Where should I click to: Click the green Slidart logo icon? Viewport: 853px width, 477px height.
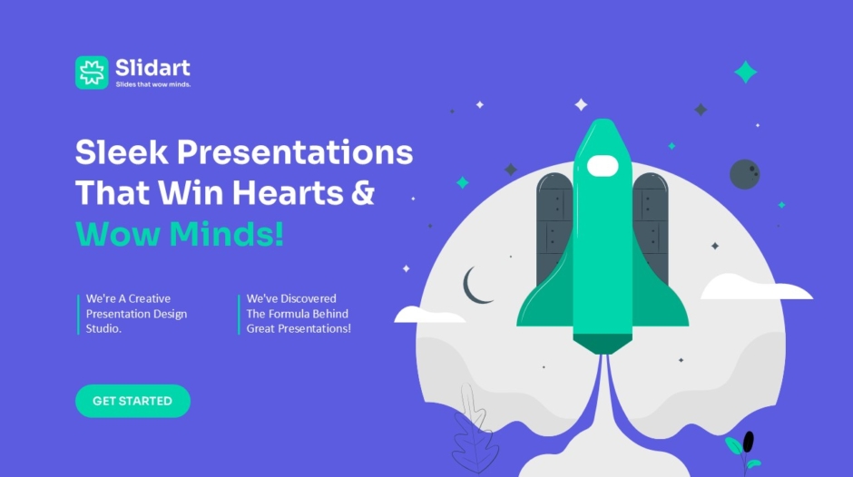tap(92, 73)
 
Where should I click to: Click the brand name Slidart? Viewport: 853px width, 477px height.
tap(152, 68)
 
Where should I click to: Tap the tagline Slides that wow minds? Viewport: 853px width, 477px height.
tap(152, 84)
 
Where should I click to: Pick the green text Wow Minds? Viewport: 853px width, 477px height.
tap(180, 234)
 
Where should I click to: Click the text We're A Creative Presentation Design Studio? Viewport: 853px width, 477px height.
tap(136, 314)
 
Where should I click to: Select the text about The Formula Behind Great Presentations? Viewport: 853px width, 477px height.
tap(299, 314)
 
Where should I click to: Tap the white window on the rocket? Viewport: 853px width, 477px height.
tap(603, 166)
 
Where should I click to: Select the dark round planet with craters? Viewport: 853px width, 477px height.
tap(745, 174)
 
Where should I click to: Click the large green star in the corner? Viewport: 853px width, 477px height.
tap(745, 72)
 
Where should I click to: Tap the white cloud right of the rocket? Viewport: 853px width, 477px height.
tap(756, 287)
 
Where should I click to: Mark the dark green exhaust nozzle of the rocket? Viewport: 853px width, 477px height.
tap(603, 345)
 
